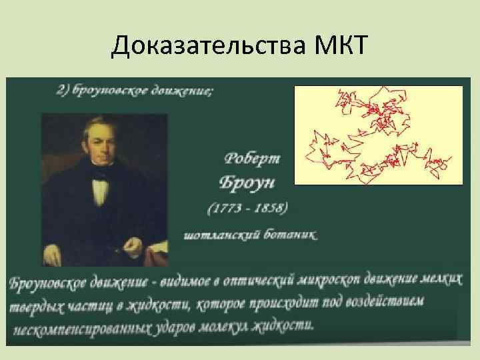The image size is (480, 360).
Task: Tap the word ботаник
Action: [x=291, y=234]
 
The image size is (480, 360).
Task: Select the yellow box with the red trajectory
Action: [x=378, y=135]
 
